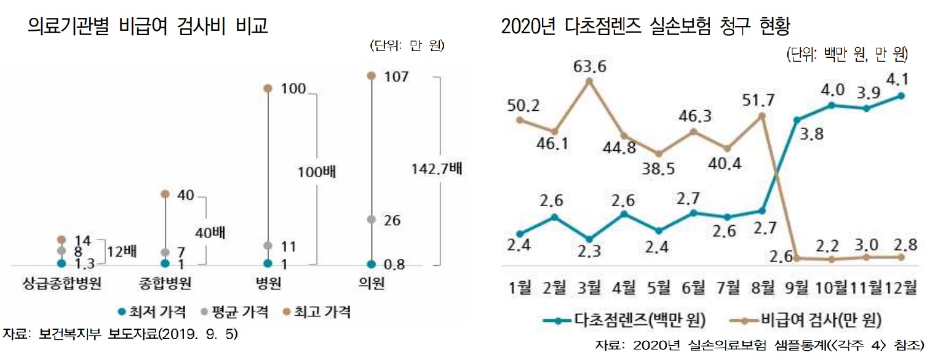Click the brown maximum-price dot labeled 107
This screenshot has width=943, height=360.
coord(371,75)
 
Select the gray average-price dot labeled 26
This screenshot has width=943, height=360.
coord(371,219)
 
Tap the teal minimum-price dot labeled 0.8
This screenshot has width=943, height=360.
coord(371,264)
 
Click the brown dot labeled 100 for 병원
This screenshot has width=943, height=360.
coord(268,89)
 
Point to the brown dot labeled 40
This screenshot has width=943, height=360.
coord(164,194)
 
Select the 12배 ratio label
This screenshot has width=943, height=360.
coord(122,251)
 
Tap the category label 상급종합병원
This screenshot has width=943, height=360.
coord(61,284)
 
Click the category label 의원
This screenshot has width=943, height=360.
coord(371,284)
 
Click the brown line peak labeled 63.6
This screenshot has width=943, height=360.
coord(589,80)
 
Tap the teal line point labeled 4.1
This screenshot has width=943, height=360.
coord(901,95)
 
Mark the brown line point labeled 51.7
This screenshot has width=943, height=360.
coord(762,115)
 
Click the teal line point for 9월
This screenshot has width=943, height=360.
coord(797,120)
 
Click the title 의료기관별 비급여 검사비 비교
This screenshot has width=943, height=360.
coord(148,27)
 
